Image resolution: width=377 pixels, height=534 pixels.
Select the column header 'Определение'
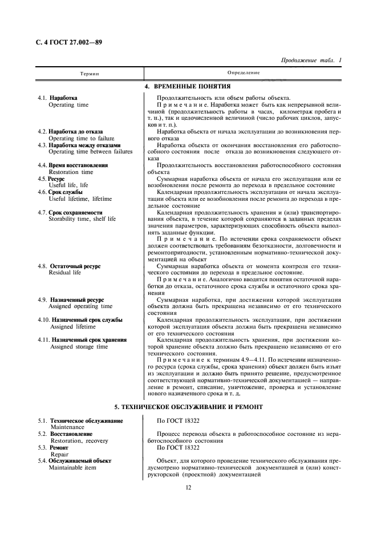click(244, 73)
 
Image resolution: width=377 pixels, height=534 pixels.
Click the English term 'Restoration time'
click(71, 172)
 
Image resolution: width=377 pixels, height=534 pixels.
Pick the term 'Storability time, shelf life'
click(82, 219)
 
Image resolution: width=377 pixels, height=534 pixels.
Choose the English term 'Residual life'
click(64, 273)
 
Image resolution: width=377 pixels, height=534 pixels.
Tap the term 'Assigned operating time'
click(80, 306)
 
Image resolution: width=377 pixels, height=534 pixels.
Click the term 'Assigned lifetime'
click(73, 327)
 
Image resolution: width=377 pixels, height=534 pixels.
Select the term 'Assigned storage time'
click(79, 346)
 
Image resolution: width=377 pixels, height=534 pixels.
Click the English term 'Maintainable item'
click(73, 468)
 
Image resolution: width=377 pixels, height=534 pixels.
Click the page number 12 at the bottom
click(188, 487)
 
